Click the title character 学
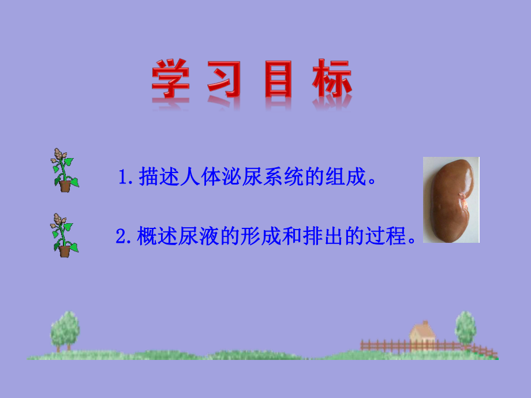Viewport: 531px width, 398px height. pos(171,81)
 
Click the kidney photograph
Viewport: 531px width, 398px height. pos(451,200)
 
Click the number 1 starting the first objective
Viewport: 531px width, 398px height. pos(122,177)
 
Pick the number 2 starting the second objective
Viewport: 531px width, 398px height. pos(121,236)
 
